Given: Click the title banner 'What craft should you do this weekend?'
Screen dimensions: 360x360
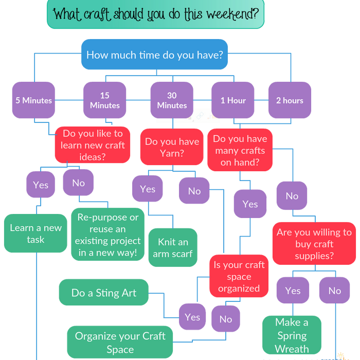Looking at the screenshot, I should [x=155, y=14].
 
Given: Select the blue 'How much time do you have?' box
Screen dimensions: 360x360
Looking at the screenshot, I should [x=155, y=54].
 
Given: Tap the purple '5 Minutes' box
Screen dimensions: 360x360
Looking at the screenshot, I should [x=33, y=100].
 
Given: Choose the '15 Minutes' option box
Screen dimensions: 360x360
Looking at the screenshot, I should [x=105, y=100].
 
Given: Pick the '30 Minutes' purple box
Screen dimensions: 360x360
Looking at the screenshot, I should [x=172, y=100].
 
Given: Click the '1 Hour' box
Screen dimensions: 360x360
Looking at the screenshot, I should [x=233, y=100].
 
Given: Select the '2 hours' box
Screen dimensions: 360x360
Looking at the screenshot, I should [x=290, y=100].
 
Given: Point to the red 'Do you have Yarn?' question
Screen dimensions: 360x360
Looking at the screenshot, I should [x=172, y=147].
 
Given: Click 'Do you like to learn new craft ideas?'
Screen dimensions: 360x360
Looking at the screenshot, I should [x=93, y=145].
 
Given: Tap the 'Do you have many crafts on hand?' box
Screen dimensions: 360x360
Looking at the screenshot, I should [x=240, y=150].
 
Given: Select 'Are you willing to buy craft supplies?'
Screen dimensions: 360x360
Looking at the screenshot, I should [x=314, y=244].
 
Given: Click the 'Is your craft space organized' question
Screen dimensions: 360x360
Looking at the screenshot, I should [x=239, y=276].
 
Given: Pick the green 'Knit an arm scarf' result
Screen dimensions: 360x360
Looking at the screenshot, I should [x=172, y=247].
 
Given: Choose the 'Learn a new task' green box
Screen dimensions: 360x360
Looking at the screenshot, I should [x=35, y=233].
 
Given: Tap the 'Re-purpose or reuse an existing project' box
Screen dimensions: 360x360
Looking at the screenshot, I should [x=108, y=235].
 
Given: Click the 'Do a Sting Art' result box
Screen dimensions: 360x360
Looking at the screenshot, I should [x=104, y=293].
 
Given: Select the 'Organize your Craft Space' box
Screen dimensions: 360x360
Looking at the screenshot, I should [x=120, y=342].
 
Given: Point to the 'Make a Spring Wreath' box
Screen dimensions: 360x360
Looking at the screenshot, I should [x=292, y=335].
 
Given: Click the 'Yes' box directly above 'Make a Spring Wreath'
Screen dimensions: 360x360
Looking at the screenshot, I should [x=293, y=291].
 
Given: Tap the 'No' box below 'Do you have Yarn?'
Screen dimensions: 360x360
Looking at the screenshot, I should [x=194, y=191].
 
